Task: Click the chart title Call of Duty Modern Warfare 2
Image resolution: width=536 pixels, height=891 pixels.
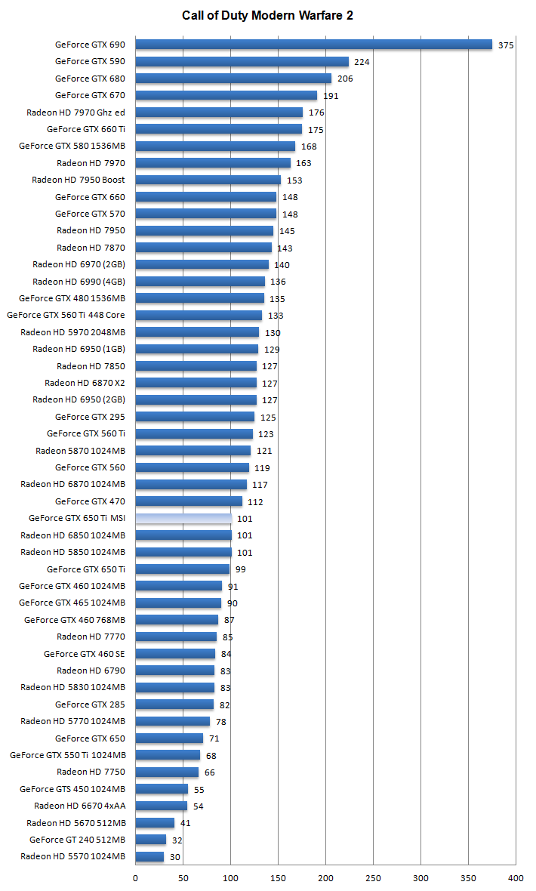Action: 267,15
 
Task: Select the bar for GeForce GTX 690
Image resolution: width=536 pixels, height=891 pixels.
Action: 313,45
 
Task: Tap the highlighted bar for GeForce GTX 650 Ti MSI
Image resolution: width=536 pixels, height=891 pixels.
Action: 183,518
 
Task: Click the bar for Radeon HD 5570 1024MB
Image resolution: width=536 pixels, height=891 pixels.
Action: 149,856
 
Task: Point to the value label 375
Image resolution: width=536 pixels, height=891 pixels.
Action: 506,45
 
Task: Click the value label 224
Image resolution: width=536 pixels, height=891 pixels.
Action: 362,62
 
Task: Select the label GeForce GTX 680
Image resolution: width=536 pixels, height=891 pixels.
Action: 90,79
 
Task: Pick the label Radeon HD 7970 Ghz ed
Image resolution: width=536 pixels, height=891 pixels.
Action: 75,113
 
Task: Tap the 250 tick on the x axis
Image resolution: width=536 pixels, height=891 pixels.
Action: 373,877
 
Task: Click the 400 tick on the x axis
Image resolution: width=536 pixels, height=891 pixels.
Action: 516,877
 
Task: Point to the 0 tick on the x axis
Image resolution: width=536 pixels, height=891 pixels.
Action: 136,877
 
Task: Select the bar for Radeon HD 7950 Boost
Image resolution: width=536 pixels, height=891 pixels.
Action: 208,180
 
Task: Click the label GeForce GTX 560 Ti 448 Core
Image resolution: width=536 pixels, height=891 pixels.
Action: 66,315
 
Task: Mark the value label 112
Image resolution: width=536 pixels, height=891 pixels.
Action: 255,502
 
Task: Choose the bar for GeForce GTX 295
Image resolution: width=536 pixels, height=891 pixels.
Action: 195,417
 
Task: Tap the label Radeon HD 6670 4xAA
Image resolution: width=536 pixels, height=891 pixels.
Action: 79,806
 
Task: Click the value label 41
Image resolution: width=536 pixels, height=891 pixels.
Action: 186,823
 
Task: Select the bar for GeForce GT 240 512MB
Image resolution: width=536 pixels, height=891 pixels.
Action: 151,840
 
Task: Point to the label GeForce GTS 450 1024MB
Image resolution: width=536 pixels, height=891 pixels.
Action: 72,789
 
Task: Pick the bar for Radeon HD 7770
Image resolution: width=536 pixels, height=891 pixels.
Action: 176,637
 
